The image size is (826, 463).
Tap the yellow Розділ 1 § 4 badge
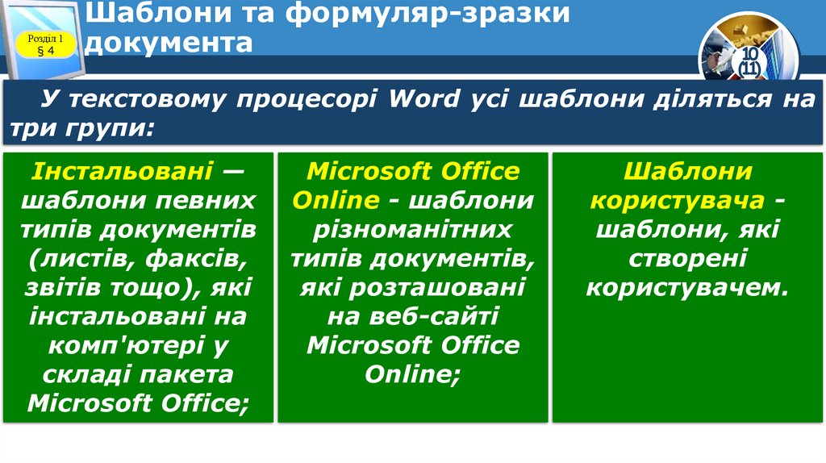click(45, 45)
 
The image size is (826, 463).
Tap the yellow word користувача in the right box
click(675, 200)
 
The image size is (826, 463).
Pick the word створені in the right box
click(688, 258)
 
